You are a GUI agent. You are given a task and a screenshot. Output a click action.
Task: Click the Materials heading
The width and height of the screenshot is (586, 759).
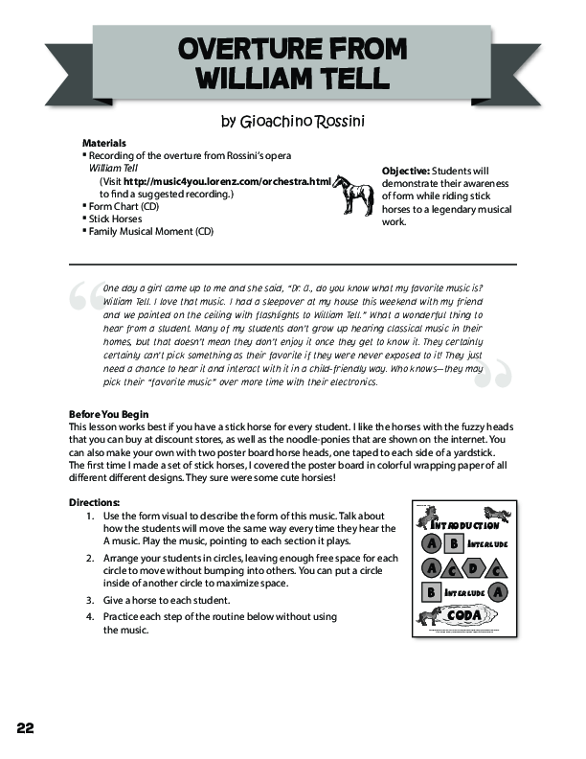(103, 143)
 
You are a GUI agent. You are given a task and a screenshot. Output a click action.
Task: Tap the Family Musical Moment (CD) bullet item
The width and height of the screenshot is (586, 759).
(150, 231)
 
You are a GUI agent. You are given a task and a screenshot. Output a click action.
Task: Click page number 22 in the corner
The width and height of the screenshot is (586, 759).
(26, 727)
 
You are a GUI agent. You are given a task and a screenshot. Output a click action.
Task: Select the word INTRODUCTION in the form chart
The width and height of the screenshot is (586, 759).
(464, 525)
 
